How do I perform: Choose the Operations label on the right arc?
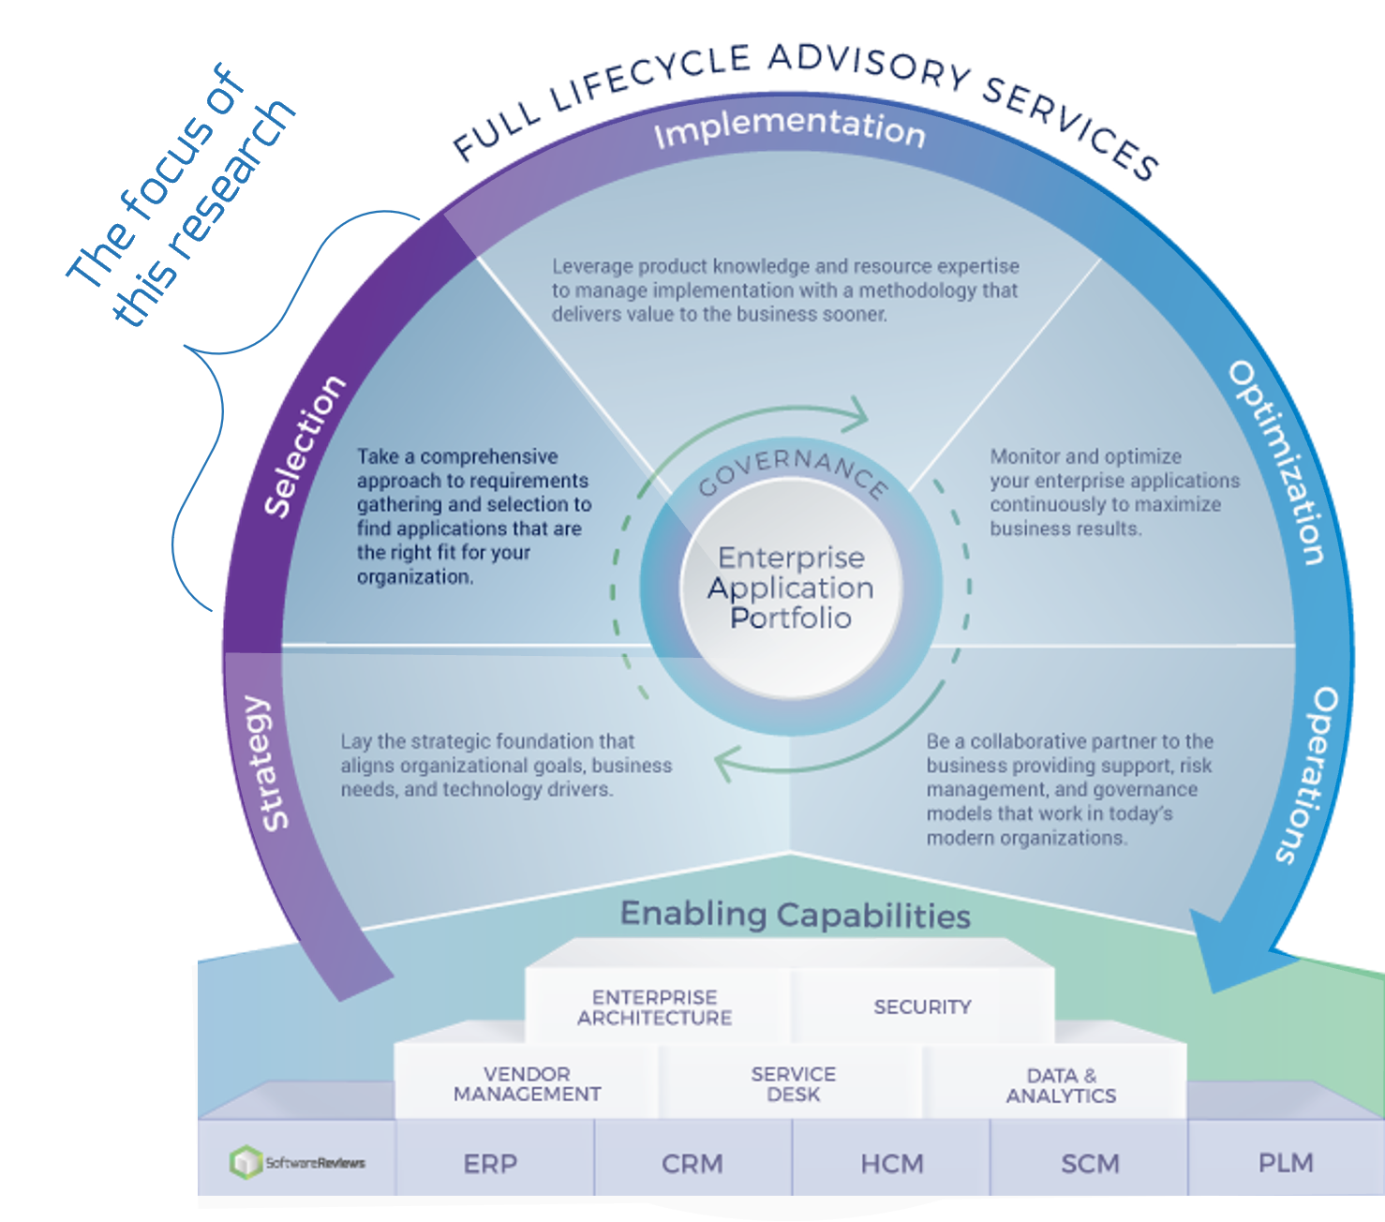(1309, 774)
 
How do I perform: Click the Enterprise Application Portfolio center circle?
(790, 589)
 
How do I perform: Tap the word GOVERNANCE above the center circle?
(793, 471)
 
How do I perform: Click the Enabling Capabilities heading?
(795, 915)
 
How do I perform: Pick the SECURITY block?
(922, 1007)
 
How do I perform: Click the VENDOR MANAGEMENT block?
(527, 1084)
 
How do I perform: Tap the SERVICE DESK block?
(793, 1084)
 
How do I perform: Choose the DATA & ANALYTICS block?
(1061, 1085)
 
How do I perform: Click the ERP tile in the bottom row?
(490, 1164)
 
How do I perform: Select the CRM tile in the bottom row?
(692, 1164)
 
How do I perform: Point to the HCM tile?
(891, 1164)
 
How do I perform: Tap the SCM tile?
(1090, 1164)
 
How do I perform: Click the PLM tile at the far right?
(1286, 1163)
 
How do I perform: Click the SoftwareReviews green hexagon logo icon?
(246, 1162)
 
